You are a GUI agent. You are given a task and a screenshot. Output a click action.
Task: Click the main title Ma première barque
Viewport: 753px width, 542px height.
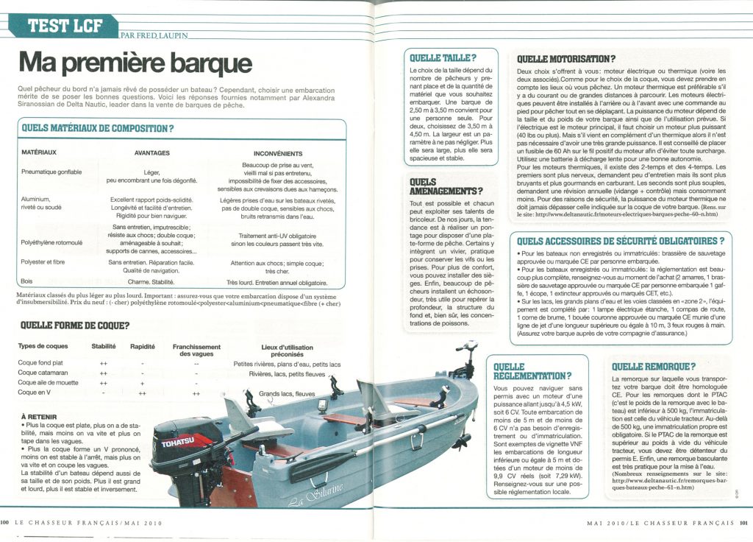click(135, 63)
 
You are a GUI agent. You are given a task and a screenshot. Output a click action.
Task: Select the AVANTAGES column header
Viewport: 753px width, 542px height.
click(152, 153)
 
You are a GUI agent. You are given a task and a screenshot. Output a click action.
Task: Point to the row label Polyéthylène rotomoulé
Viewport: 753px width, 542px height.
click(52, 242)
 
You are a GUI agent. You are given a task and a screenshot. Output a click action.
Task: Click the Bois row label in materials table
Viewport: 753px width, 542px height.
click(26, 281)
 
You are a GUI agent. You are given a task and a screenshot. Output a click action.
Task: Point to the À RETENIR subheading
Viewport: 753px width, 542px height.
click(39, 415)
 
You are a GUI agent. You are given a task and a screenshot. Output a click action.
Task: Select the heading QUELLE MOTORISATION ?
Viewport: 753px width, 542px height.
click(566, 58)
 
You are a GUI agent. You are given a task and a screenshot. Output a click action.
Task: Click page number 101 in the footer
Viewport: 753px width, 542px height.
click(743, 523)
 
